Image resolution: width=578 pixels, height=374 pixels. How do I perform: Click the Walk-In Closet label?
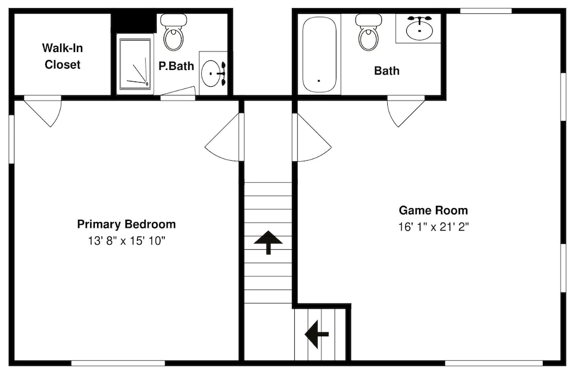[62, 56]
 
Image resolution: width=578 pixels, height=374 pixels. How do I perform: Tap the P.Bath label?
[176, 66]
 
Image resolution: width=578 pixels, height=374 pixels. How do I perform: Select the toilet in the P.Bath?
[174, 32]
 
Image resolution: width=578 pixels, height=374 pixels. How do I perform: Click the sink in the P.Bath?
[213, 73]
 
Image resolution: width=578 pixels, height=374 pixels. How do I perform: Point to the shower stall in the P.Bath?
[135, 64]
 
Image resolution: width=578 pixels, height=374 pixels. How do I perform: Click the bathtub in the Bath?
[319, 55]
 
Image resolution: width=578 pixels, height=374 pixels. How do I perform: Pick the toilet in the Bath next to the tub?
[368, 32]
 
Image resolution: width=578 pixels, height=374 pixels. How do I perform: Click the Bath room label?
[387, 71]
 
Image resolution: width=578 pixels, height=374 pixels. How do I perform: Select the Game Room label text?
[433, 210]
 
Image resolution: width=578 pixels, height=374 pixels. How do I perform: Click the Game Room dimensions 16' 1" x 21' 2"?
[433, 227]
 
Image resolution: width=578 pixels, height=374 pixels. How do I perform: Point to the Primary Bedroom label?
[127, 224]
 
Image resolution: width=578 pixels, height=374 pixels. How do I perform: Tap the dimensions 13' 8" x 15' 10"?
[127, 241]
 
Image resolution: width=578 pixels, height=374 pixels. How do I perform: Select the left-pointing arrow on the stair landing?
[317, 335]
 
